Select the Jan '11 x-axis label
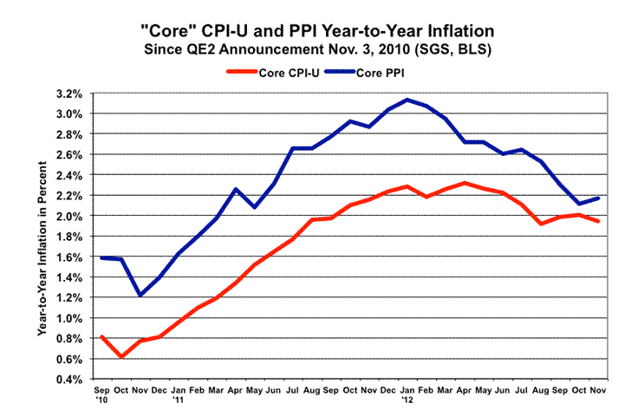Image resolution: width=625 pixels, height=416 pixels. tap(179, 395)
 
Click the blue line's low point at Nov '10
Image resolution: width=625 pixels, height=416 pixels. tap(140, 296)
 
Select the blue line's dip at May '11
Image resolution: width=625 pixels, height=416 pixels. tap(255, 207)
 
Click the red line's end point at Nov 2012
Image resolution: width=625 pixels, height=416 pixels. tap(598, 221)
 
